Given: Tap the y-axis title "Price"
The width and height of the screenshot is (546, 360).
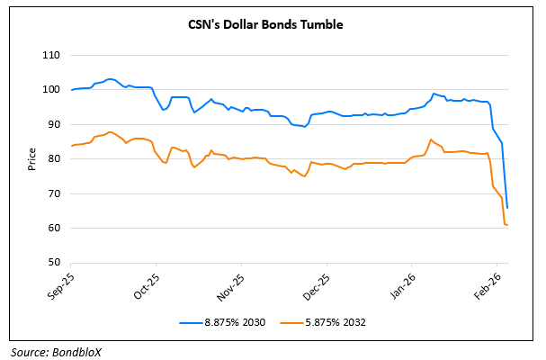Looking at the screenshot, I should [x=32, y=159].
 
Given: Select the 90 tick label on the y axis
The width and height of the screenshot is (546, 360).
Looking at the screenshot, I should [x=53, y=125].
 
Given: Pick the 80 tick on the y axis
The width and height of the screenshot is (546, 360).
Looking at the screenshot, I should [x=53, y=159].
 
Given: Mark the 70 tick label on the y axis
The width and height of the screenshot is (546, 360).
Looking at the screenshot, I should [x=53, y=193].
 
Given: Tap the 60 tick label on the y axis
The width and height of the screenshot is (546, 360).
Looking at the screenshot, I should [x=53, y=229].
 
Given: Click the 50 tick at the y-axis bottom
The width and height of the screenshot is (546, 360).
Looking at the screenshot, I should [x=53, y=263].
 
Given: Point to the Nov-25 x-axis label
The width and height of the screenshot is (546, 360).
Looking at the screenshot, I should [x=232, y=283].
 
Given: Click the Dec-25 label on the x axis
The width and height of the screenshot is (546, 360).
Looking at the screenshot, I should [x=316, y=283].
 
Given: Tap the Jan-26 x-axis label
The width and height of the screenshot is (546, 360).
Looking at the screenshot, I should [x=401, y=283].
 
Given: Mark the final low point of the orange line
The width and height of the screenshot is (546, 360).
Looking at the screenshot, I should [x=508, y=224].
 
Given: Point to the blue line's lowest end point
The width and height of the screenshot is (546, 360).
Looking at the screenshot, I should [x=508, y=208].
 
